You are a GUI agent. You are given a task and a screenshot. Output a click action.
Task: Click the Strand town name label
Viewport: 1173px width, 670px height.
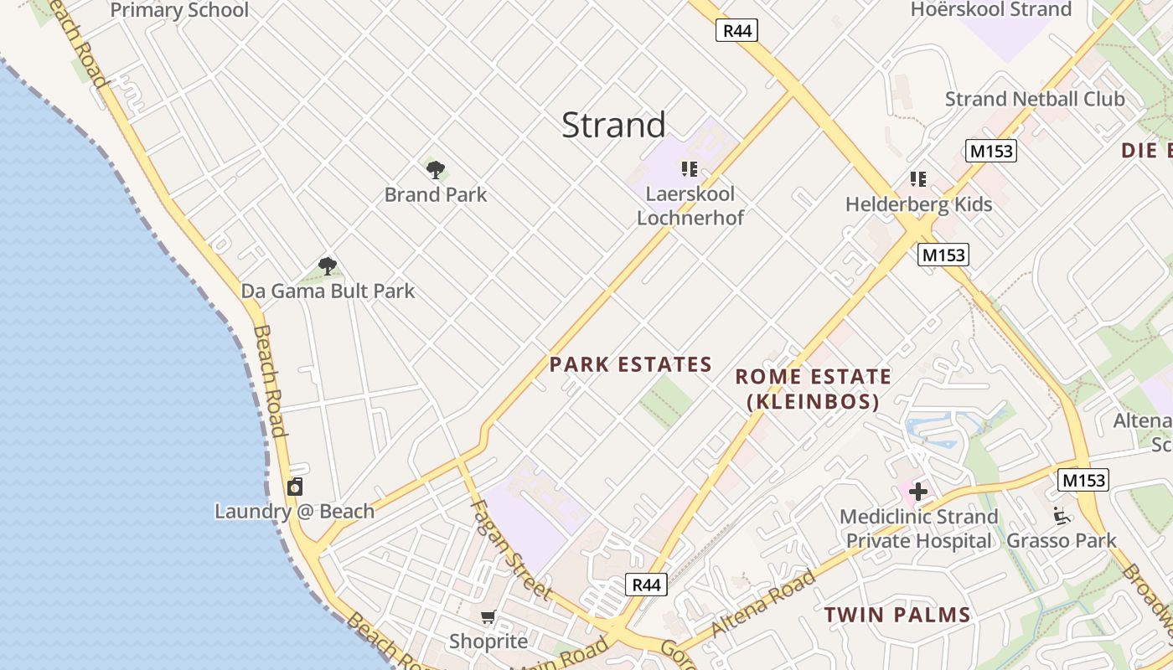pos(613,125)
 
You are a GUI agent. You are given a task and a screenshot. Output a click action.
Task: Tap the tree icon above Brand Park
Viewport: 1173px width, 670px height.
pos(436,170)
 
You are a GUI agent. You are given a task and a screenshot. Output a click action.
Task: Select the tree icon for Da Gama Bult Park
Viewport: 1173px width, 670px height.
pos(328,266)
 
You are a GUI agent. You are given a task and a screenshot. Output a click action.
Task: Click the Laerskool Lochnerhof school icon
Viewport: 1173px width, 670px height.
pos(690,170)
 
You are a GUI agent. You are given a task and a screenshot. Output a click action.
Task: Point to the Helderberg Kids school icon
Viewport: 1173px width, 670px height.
pos(918,179)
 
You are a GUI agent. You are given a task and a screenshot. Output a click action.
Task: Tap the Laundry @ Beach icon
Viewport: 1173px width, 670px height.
pos(295,487)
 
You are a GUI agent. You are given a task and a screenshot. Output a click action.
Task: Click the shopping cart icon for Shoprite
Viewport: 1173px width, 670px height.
pos(488,617)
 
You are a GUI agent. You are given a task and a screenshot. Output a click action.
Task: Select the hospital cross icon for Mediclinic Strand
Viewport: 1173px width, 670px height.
pos(918,492)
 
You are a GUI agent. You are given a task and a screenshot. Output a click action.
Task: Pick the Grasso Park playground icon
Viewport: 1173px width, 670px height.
pos(1062,516)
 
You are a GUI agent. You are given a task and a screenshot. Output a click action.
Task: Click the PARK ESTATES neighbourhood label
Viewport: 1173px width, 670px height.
pos(630,364)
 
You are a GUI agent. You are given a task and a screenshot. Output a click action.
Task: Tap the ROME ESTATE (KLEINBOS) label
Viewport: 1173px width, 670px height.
pos(813,389)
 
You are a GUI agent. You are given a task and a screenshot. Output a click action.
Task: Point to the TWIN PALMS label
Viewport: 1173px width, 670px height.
pos(897,615)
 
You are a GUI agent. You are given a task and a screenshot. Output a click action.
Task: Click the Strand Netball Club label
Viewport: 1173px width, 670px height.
pos(1035,99)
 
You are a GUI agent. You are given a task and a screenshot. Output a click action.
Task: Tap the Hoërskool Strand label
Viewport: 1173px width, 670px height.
pos(991,10)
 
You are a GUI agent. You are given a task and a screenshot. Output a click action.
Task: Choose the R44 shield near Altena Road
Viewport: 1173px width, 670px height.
pos(647,585)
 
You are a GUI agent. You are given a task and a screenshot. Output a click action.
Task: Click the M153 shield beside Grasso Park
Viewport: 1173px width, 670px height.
pos(1083,480)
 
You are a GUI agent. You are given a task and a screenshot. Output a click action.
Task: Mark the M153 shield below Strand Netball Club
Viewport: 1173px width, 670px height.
pos(990,151)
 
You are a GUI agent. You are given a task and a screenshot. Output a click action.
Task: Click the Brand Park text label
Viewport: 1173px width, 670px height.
pos(436,195)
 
